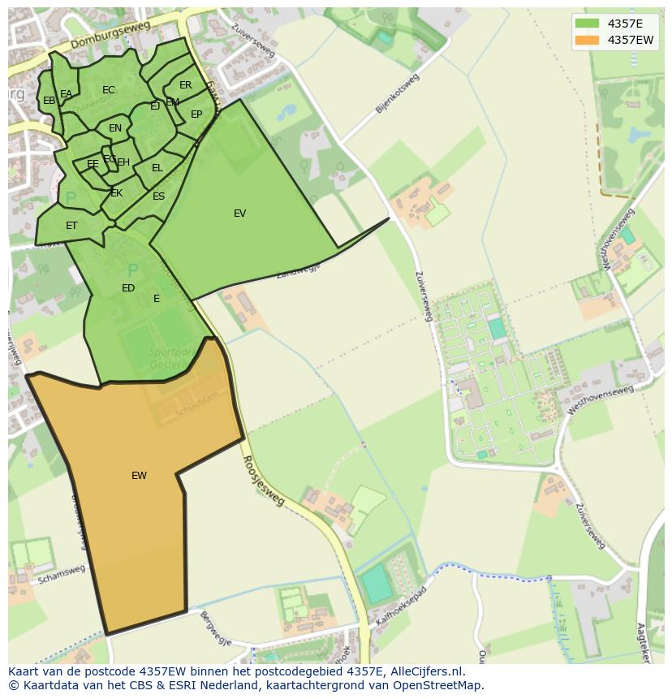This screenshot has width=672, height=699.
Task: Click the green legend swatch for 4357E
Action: (587, 24)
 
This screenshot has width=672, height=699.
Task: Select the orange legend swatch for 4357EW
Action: (587, 40)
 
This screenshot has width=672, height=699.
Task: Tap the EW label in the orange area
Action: (139, 476)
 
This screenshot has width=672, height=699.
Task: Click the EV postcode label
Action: (239, 214)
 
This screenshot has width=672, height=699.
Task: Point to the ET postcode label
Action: (71, 226)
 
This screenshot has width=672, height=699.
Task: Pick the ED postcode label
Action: (128, 288)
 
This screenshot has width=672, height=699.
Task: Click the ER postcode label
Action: (186, 85)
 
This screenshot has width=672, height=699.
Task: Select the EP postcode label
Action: (196, 114)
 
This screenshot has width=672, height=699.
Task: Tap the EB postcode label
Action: (50, 101)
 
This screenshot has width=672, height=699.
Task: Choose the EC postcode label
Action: (109, 90)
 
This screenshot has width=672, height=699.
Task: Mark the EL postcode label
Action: (157, 168)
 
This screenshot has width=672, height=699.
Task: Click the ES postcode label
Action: (158, 196)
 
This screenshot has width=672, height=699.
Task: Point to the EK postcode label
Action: (117, 193)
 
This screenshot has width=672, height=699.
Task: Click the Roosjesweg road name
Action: (264, 480)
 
